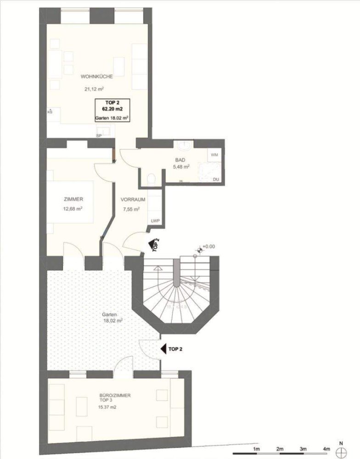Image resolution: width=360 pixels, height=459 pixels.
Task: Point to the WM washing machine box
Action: click(214, 156)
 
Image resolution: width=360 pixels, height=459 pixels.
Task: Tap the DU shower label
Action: click(216, 179)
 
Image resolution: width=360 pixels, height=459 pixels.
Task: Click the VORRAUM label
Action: click(133, 200)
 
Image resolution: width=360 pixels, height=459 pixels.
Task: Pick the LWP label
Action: click(155, 221)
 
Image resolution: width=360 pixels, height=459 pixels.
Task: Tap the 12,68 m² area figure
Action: click(73, 209)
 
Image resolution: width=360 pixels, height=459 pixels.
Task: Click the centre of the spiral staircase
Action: click(177, 284)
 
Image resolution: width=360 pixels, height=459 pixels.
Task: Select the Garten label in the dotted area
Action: click(109, 315)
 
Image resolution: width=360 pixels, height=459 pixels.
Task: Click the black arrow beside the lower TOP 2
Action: click(163, 349)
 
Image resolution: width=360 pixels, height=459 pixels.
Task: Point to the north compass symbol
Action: click(341, 452)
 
